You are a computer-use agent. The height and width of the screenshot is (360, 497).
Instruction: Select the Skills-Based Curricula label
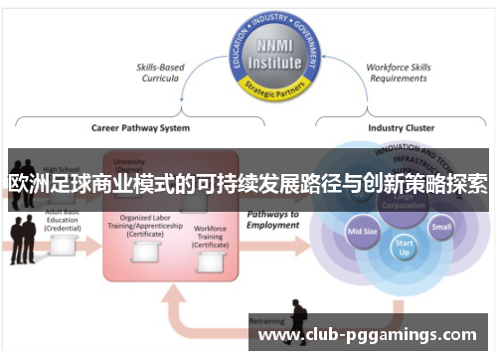tap(160, 73)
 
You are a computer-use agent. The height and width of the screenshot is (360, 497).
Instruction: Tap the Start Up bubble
tap(404, 246)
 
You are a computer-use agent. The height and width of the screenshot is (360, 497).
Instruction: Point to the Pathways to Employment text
tap(272, 220)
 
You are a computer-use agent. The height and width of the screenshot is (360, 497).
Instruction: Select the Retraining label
tap(266, 322)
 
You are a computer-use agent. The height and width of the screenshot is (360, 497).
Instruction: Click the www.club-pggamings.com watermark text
tap(367, 335)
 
